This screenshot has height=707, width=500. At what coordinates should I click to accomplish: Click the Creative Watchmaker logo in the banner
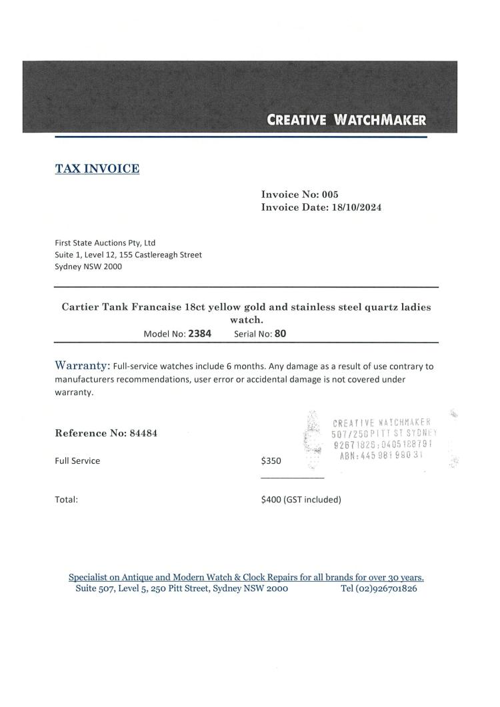pos(346,121)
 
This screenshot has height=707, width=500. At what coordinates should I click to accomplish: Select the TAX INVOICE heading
pos(97,169)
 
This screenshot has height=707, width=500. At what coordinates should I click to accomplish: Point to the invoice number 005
pos(330,195)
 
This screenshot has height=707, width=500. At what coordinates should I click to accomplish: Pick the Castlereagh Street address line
pos(128,255)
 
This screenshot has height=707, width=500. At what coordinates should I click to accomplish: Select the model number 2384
pos(199,334)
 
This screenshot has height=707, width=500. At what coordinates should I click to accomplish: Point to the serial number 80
pos(280,334)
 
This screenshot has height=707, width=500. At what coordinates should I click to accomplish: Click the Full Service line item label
pos(77,460)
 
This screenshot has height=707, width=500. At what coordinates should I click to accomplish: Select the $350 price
pos(272,460)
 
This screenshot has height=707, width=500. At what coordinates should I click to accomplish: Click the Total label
pos(67,499)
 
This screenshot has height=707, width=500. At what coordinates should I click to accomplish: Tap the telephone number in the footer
pos(379,589)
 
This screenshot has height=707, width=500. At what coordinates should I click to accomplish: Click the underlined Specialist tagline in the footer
pos(247,577)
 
